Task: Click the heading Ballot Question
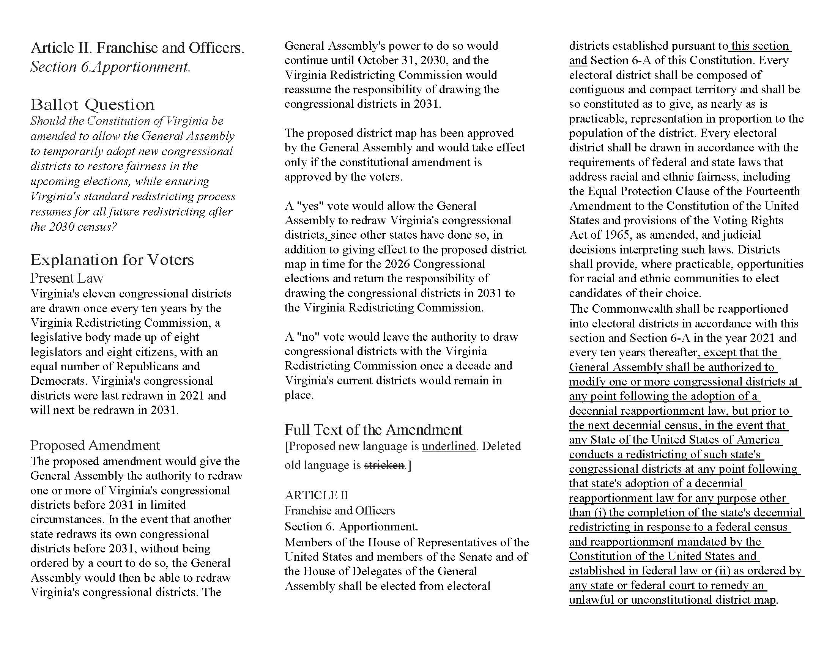tap(93, 105)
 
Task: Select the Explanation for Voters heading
tap(112, 260)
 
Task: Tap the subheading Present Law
tap(67, 278)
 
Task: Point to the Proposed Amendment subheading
tap(95, 445)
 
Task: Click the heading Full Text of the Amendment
tap(373, 430)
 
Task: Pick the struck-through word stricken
tap(384, 465)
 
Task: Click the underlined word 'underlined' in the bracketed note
tap(449, 446)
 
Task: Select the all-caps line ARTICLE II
tap(316, 495)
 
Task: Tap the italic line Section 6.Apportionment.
tap(110, 67)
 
